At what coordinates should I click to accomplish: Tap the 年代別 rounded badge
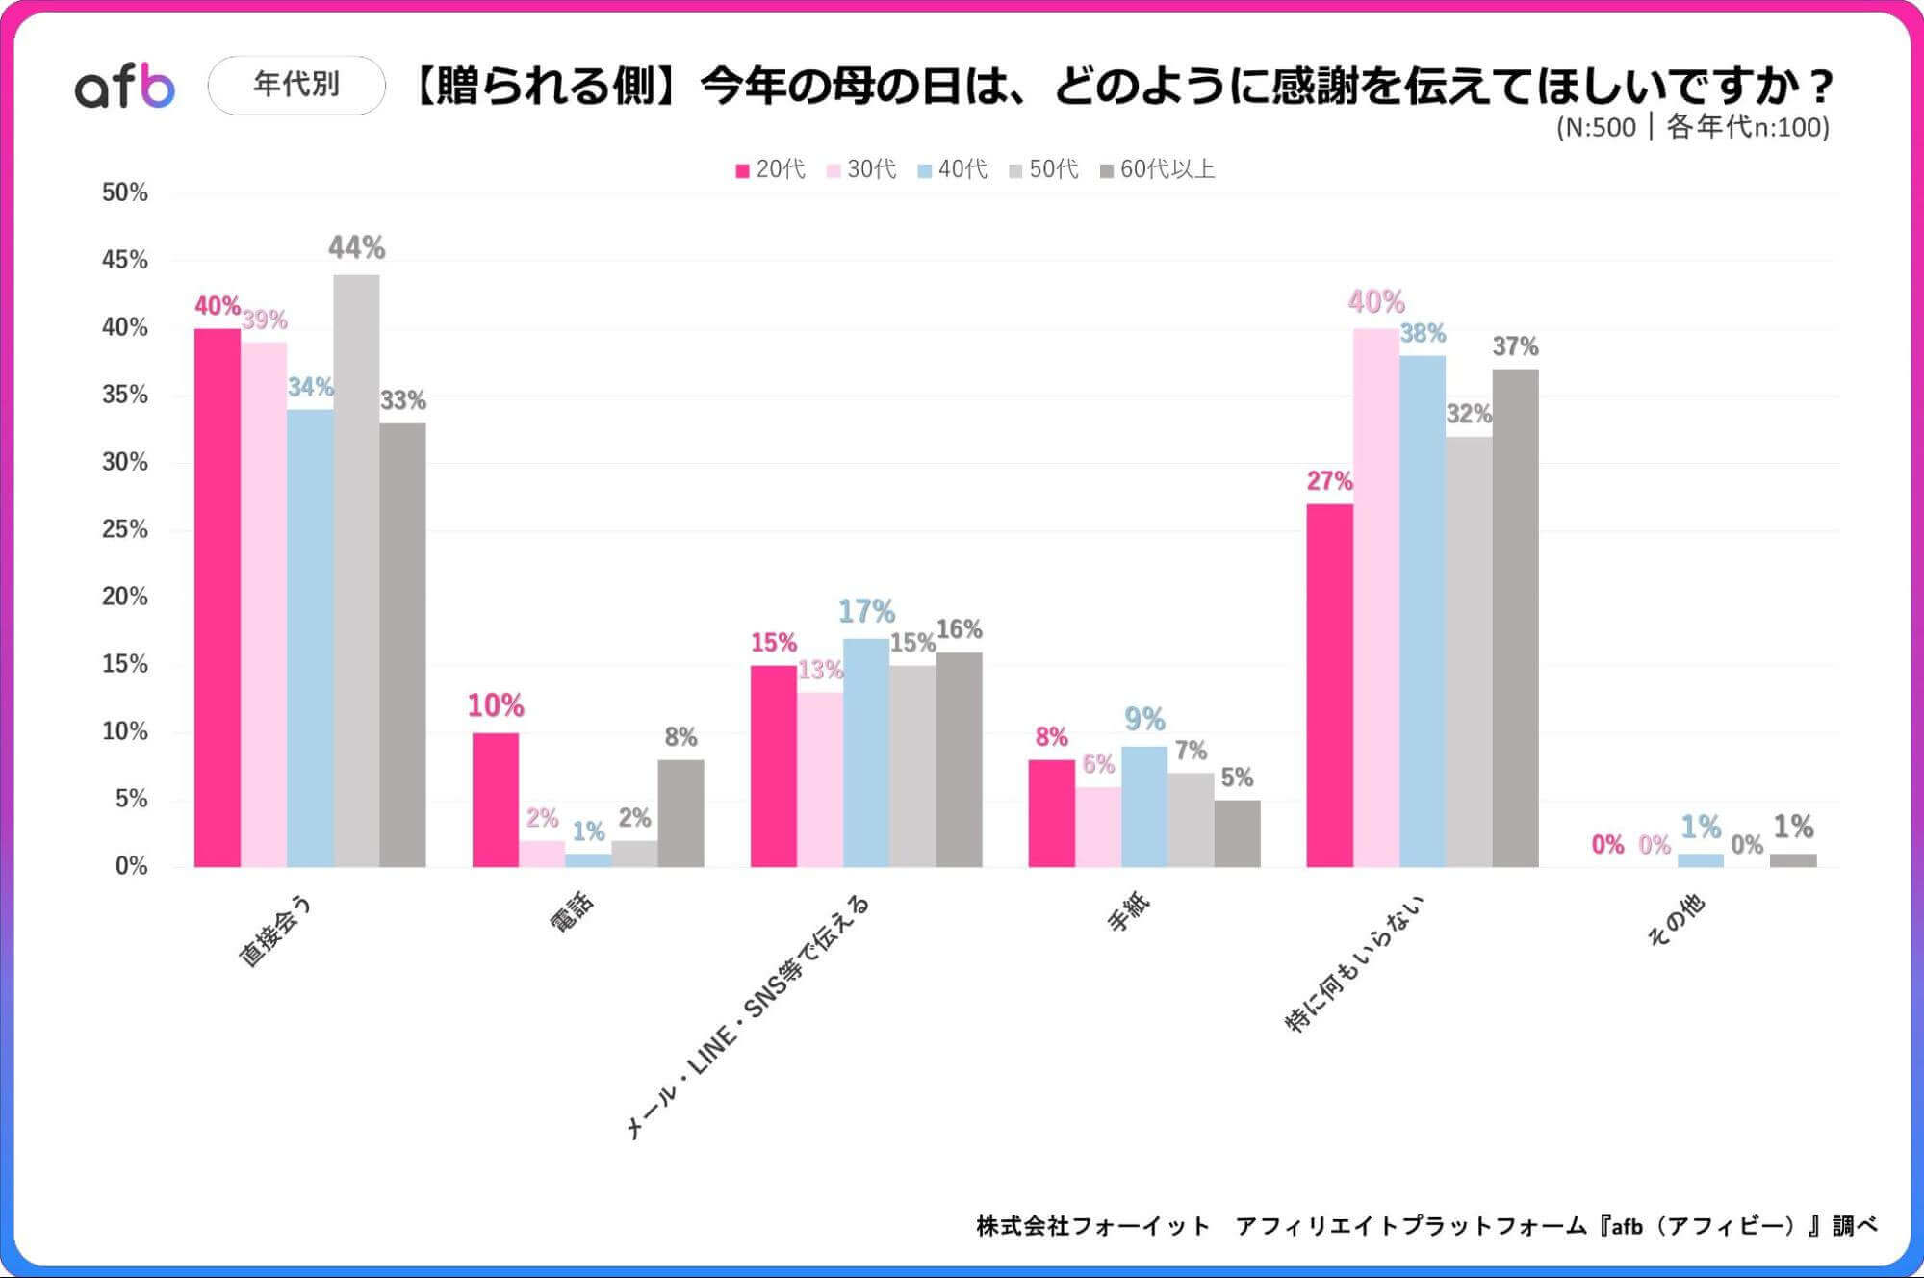pyautogui.click(x=296, y=85)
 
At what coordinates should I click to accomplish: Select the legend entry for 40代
pyautogui.click(x=953, y=169)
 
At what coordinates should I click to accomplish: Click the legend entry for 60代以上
pyautogui.click(x=1158, y=169)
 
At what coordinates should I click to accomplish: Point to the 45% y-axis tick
pyautogui.click(x=125, y=260)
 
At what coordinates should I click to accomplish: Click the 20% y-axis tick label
pyautogui.click(x=125, y=597)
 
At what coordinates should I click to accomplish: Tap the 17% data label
pyautogui.click(x=866, y=611)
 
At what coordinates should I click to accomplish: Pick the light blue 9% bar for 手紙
pyautogui.click(x=1144, y=806)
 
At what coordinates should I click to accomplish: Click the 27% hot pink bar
pyautogui.click(x=1329, y=685)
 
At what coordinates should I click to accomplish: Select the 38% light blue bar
pyautogui.click(x=1423, y=611)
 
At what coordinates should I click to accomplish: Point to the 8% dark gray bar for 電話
pyautogui.click(x=680, y=813)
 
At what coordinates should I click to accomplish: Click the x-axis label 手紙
pyautogui.click(x=1128, y=912)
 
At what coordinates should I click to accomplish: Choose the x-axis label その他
pyautogui.click(x=1676, y=921)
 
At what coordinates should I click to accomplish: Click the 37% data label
pyautogui.click(x=1515, y=346)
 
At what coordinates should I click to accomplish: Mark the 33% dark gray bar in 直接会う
pyautogui.click(x=402, y=645)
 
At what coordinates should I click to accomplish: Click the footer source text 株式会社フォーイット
pyautogui.click(x=1092, y=1226)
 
